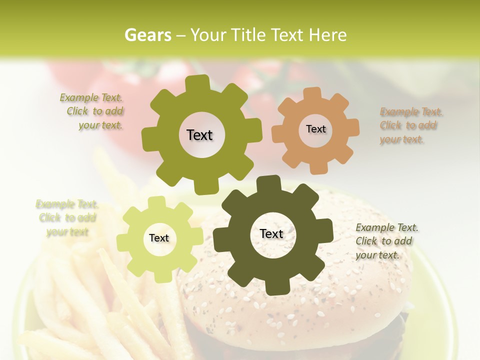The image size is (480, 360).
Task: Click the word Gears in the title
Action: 148,35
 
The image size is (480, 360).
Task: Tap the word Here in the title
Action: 327,35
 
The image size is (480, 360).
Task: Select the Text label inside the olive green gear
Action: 199,135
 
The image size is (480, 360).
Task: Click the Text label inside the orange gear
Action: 315,129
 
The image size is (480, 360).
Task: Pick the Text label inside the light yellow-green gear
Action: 159,238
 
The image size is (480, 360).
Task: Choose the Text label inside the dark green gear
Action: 271,233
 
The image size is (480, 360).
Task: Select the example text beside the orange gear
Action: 411,125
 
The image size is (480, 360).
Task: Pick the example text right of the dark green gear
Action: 387,241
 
